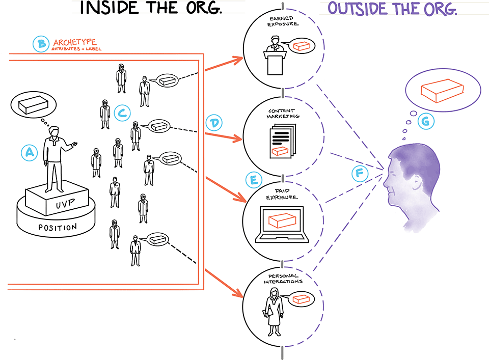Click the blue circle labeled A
tap(29, 152)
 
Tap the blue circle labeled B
tap(40, 44)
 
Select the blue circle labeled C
tap(121, 113)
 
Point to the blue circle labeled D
tap(214, 122)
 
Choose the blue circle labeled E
tap(253, 179)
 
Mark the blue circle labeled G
tap(424, 121)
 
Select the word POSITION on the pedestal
tap(58, 227)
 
